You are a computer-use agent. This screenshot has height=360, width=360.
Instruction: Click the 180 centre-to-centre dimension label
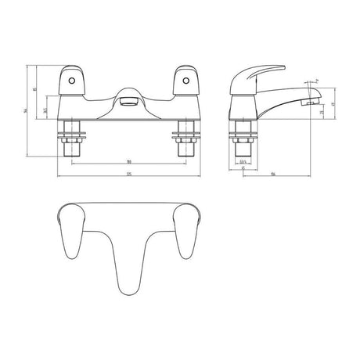pyautogui.click(x=128, y=162)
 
